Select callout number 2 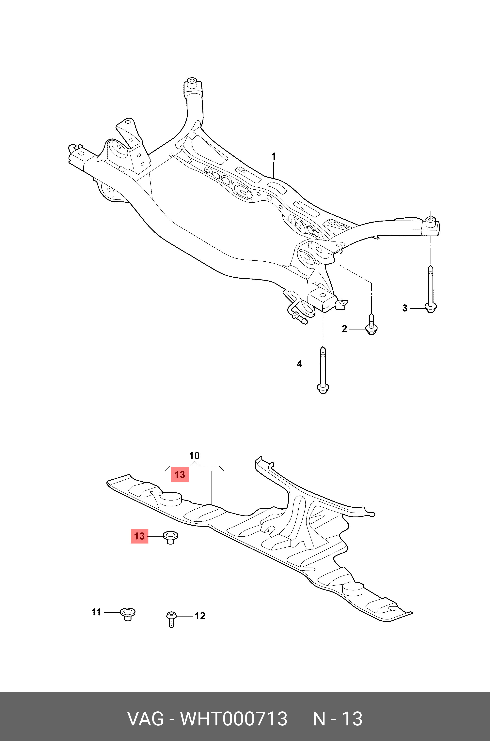(344, 329)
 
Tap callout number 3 (405, 308)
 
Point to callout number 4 (299, 364)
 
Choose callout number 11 (96, 612)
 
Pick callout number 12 (200, 616)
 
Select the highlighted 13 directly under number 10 (180, 475)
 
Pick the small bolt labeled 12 (171, 619)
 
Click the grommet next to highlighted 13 (170, 537)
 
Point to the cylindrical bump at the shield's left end (171, 499)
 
